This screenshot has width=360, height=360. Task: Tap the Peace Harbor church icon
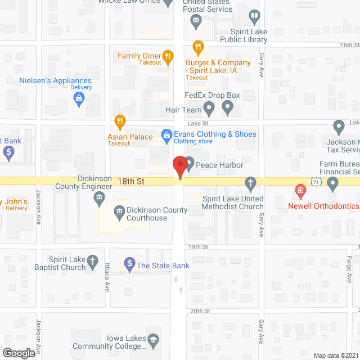[190, 165]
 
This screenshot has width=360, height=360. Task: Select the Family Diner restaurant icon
[167, 56]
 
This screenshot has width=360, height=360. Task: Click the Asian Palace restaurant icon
[119, 121]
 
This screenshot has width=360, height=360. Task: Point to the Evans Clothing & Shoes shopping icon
[166, 134]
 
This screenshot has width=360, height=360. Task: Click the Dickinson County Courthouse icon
[119, 211]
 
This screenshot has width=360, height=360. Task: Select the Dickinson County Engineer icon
[99, 197]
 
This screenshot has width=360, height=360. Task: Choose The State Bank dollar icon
[129, 263]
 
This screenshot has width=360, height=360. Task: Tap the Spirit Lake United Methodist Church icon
[251, 182]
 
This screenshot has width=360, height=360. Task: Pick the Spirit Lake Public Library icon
[254, 16]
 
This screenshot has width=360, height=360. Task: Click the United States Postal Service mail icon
[196, 22]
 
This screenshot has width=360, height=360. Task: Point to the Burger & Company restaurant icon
[197, 47]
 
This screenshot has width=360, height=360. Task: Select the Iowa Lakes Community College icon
[152, 340]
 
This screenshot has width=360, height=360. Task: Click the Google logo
[18, 353]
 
